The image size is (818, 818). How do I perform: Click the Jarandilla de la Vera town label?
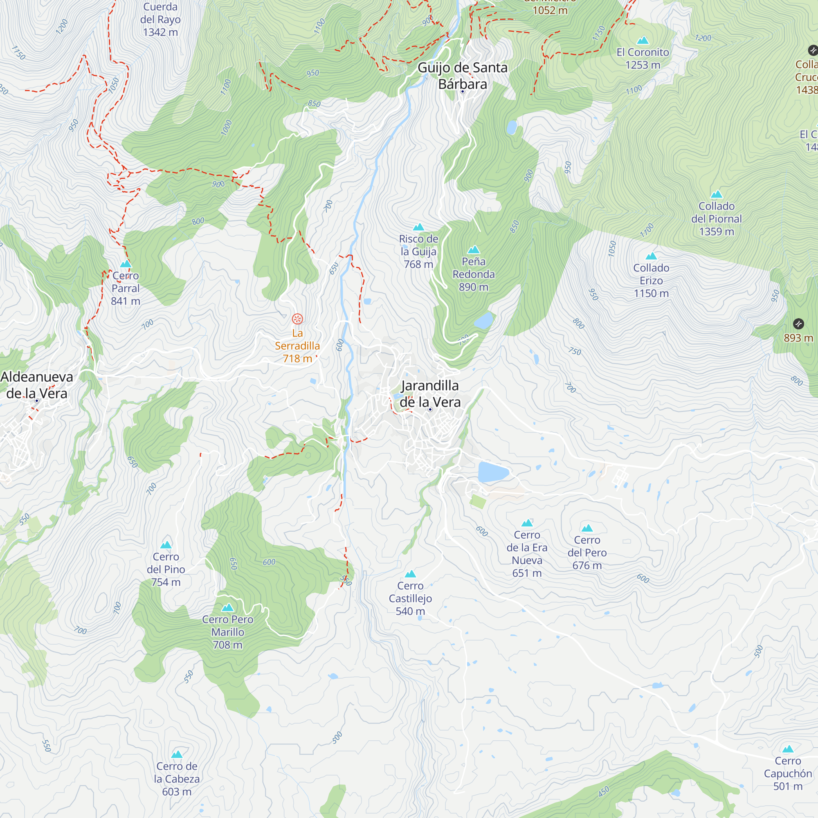click(430, 393)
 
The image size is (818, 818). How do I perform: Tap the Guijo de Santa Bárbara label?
click(462, 75)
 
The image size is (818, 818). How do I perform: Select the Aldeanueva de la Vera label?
click(37, 384)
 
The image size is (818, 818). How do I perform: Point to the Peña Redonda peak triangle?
click(473, 250)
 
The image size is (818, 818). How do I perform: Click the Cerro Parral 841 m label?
click(125, 288)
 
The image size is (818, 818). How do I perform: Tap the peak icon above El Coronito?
click(643, 40)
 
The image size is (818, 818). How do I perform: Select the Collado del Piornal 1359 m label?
click(717, 218)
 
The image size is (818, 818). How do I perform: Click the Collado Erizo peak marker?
click(651, 256)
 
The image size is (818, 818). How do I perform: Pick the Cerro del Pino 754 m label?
click(166, 569)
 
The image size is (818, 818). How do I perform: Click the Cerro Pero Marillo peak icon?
click(227, 608)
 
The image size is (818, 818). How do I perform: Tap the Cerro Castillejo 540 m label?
click(410, 598)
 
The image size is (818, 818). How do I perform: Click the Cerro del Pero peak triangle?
click(587, 528)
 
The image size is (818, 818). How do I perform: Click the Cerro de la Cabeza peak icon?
click(177, 754)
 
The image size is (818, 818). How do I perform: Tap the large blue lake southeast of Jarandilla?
click(492, 472)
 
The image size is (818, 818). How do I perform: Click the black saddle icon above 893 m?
click(798, 324)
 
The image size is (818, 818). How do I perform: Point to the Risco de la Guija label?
click(418, 251)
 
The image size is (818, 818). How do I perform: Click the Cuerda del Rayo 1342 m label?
click(160, 20)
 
